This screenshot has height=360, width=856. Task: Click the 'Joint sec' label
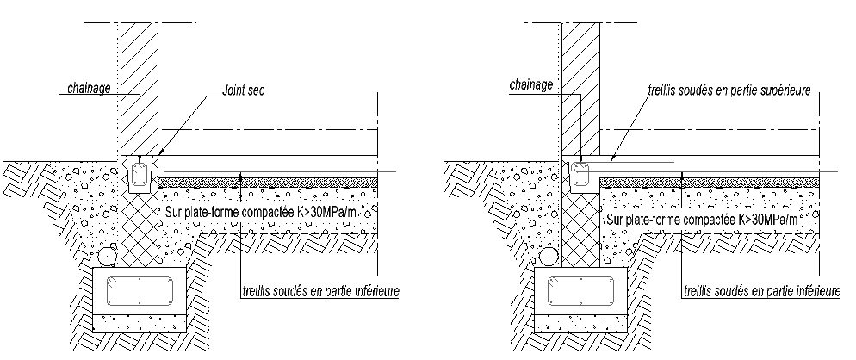(243, 89)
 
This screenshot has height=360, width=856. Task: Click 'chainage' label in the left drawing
(89, 88)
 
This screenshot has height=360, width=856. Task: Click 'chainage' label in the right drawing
(530, 85)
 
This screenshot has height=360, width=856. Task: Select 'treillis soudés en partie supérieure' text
(729, 90)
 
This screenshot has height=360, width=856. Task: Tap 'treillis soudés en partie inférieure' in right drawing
(761, 293)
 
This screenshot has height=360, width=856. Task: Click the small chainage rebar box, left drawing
(139, 177)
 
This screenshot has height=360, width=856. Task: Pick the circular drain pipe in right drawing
(550, 257)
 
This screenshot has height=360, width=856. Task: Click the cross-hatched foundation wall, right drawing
(581, 228)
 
